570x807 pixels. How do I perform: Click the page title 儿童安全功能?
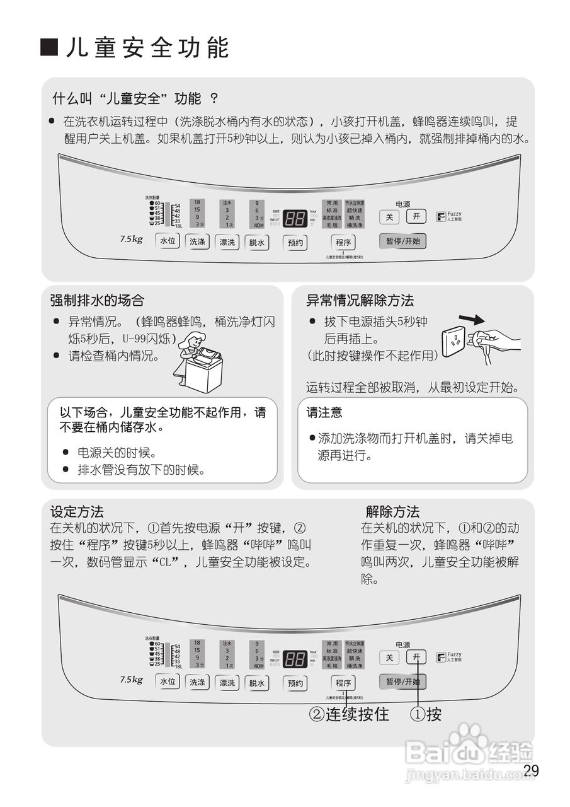[148, 48]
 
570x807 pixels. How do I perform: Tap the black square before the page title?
[50, 47]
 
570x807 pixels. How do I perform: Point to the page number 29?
[531, 770]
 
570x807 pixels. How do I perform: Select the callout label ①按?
[426, 714]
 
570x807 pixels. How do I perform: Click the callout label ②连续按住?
[348, 714]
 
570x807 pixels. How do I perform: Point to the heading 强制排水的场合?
[97, 300]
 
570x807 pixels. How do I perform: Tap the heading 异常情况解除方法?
[360, 300]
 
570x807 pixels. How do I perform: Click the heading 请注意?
[324, 412]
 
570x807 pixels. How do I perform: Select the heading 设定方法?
[77, 511]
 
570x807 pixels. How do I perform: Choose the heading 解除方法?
[392, 511]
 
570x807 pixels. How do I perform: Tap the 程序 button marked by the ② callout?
[344, 683]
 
